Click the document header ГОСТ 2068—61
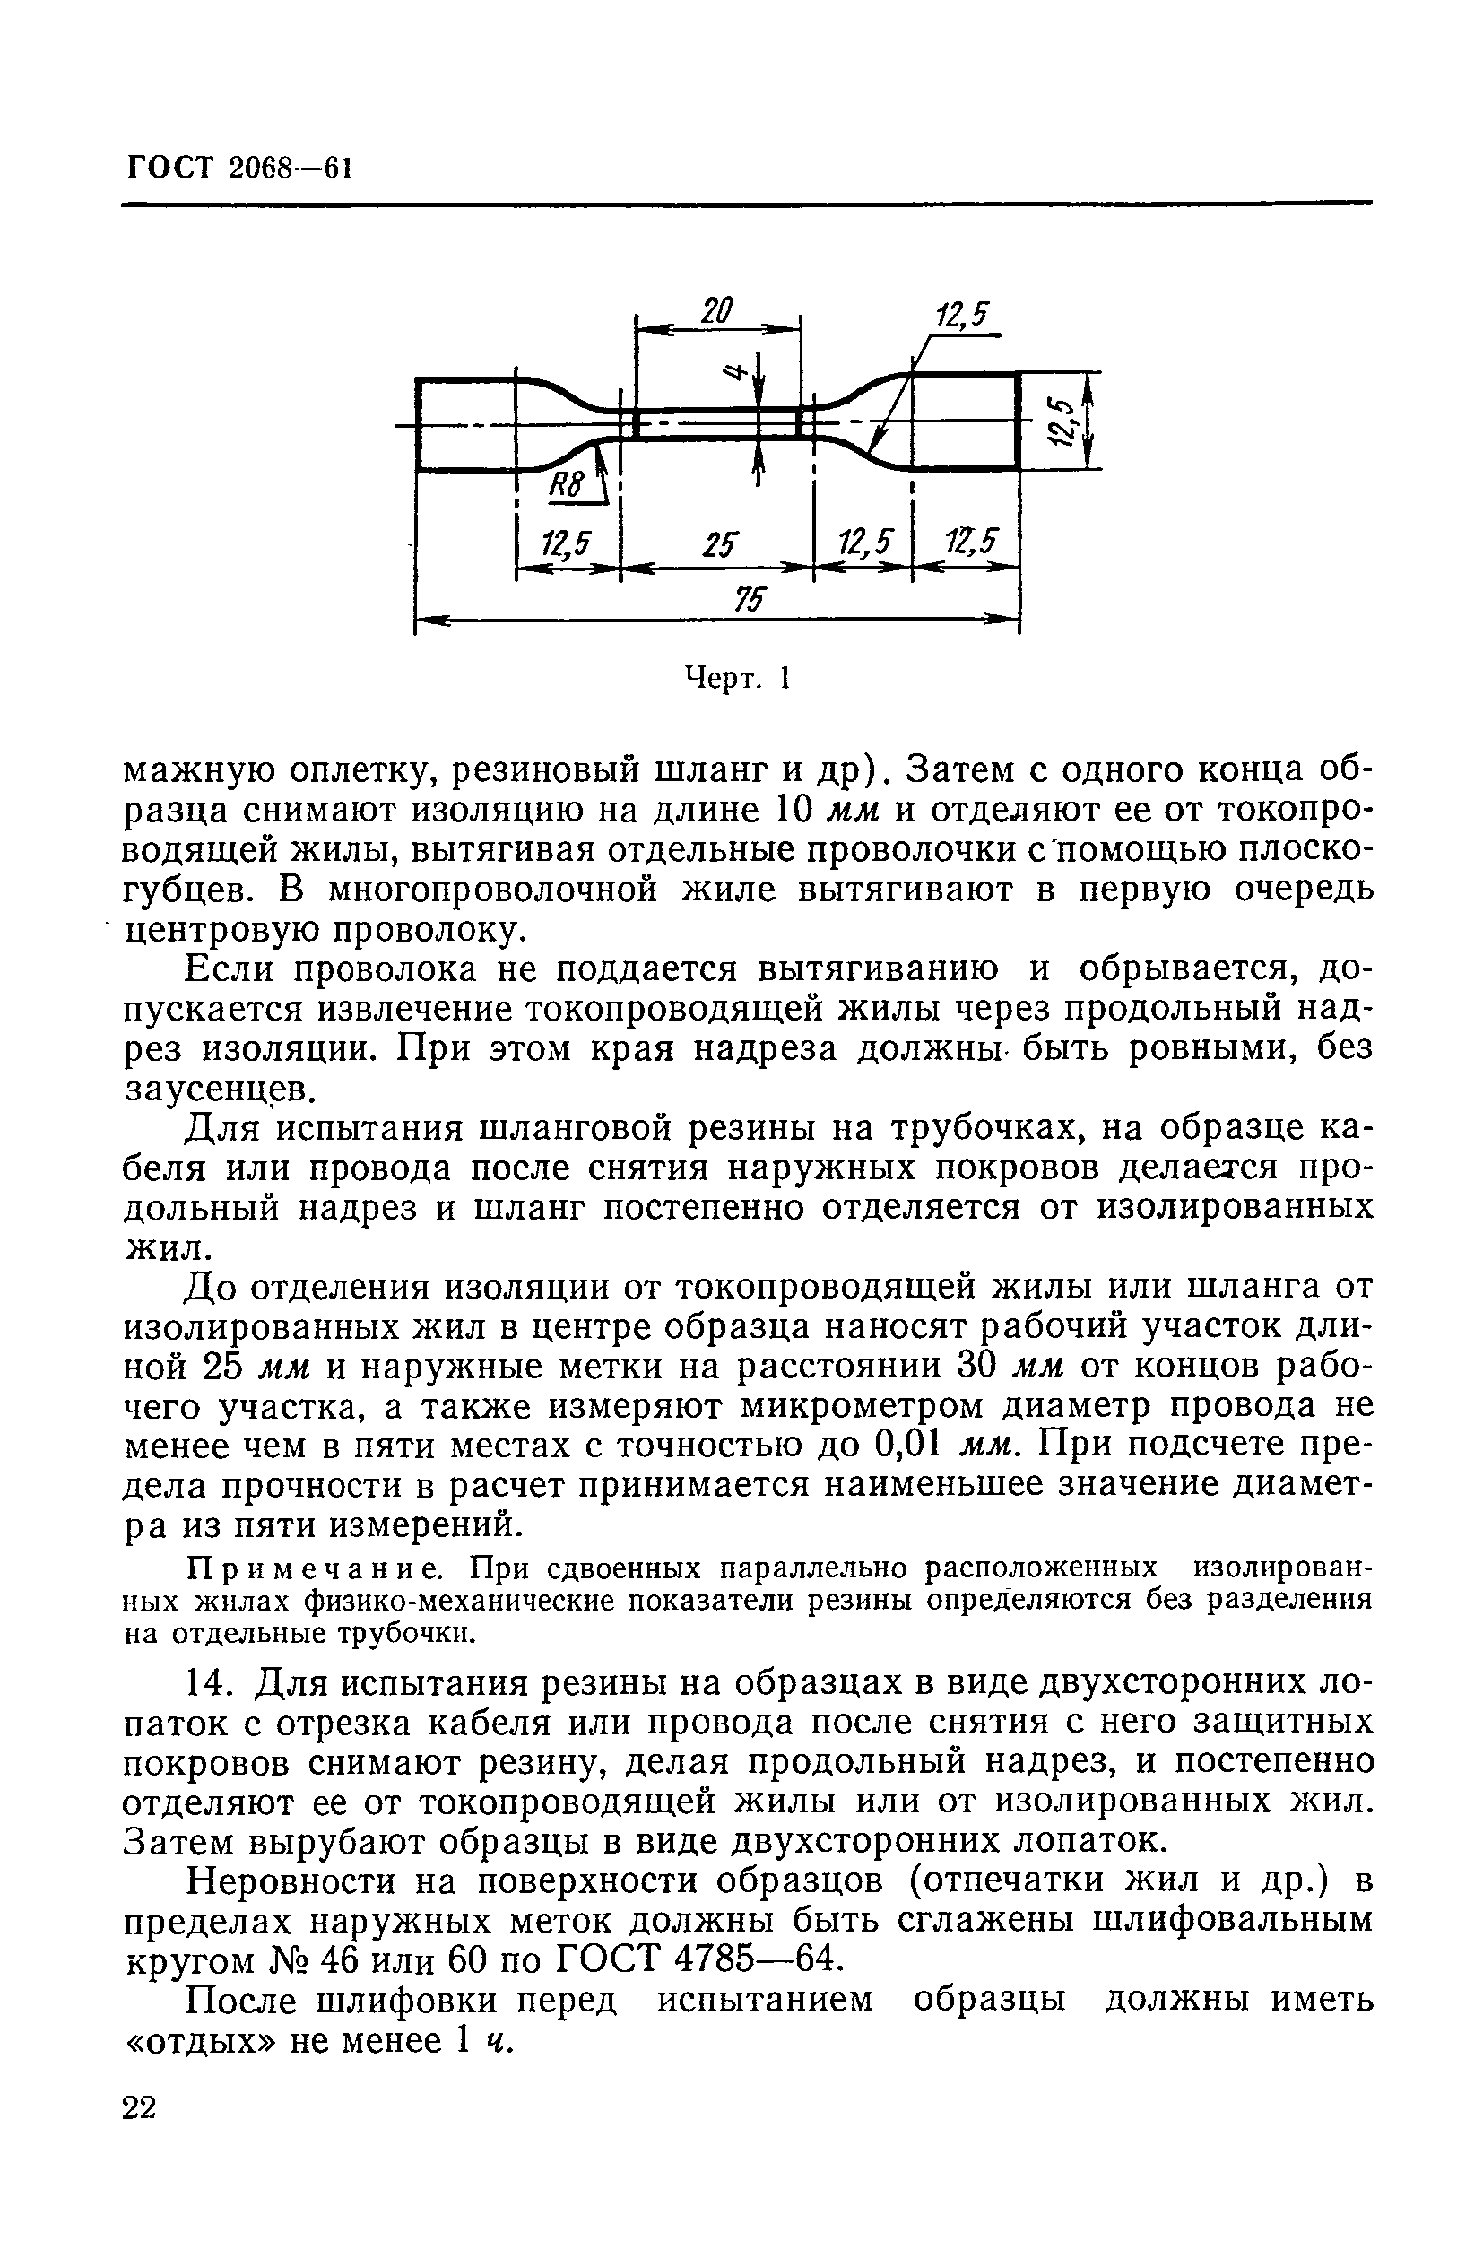click(239, 169)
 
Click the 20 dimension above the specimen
click(717, 310)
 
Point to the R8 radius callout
click(566, 487)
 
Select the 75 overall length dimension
click(749, 599)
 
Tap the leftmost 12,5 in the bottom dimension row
click(567, 545)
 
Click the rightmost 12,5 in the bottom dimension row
click(967, 543)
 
